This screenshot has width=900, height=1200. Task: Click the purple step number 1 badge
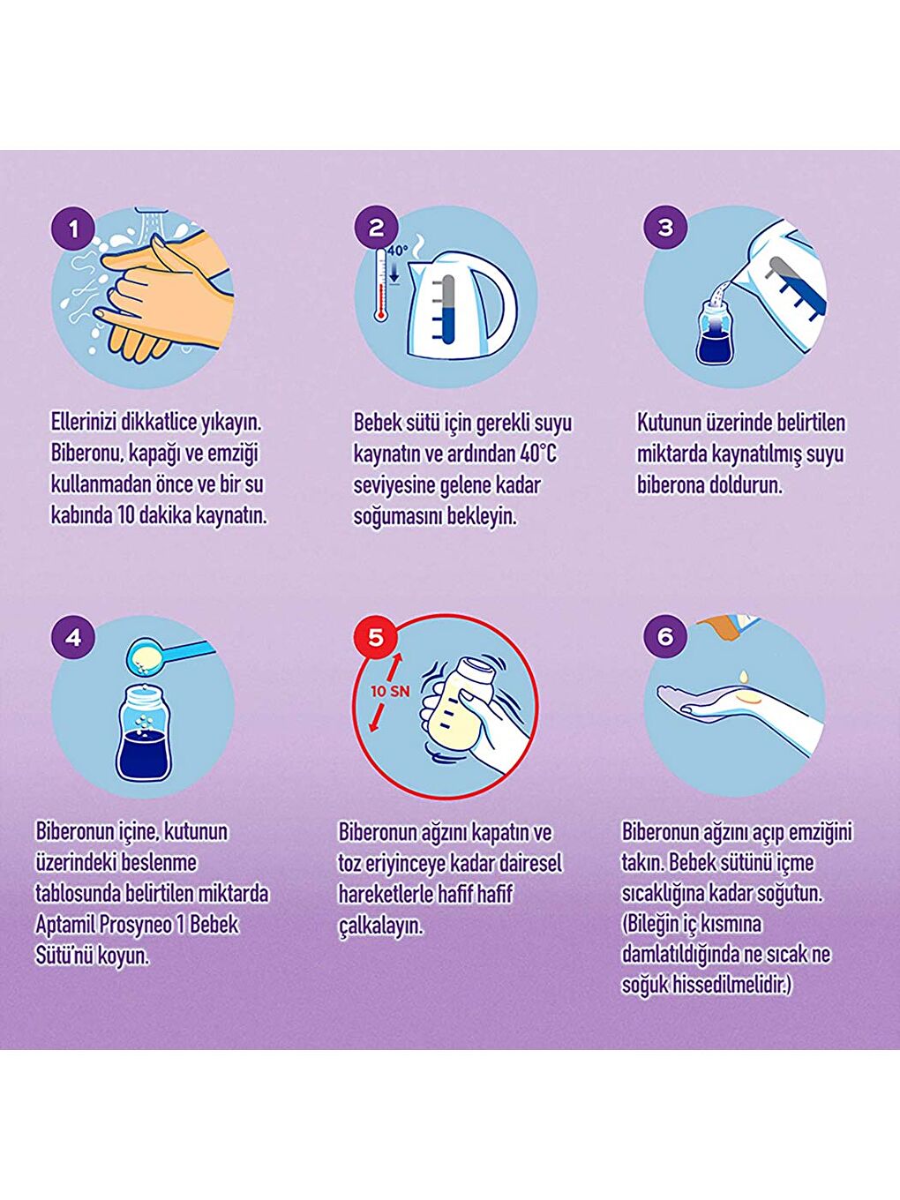[x=73, y=229]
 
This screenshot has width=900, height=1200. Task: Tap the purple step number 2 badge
[x=376, y=228]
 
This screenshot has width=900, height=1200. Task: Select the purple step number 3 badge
[x=665, y=227]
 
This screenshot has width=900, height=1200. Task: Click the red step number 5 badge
[x=376, y=637]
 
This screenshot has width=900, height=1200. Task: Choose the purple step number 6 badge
[x=665, y=637]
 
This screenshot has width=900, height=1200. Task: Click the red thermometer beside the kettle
[x=380, y=284]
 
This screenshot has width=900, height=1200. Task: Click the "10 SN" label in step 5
[x=390, y=691]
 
